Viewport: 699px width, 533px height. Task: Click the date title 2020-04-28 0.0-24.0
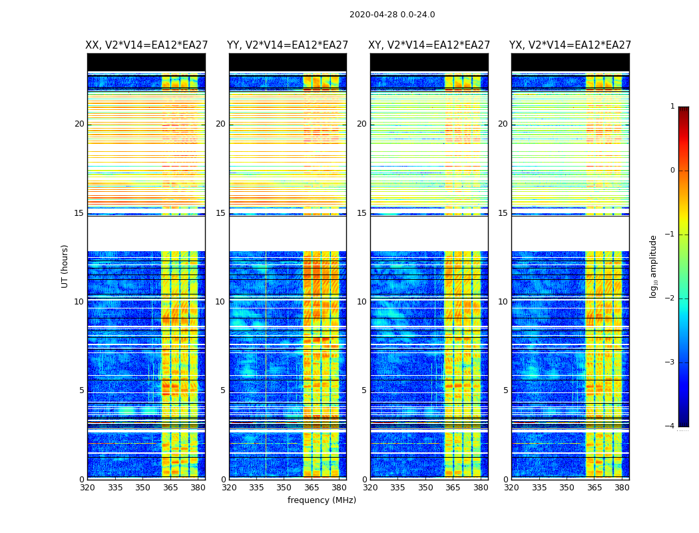(392, 15)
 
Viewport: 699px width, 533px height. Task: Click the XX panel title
(146, 45)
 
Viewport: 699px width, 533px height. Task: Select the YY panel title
(288, 45)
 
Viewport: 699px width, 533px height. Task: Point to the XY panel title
(429, 45)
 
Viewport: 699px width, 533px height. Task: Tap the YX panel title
(570, 45)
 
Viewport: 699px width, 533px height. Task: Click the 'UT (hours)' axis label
(65, 266)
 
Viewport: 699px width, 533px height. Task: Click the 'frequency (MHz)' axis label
(322, 500)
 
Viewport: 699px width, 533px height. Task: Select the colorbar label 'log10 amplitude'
(654, 266)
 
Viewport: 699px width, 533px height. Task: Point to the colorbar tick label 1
(672, 107)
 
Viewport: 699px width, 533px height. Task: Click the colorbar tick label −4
(670, 426)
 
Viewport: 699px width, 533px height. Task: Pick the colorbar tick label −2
(670, 298)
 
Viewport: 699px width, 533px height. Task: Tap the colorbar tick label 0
(672, 171)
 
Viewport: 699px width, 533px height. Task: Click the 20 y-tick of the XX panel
(79, 124)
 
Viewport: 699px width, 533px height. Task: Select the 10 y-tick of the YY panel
(220, 302)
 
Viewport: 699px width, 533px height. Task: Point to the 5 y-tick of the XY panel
(364, 390)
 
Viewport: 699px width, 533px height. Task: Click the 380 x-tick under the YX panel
(622, 487)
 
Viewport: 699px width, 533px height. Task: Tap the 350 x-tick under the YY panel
(284, 487)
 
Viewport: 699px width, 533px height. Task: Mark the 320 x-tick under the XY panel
(370, 487)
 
